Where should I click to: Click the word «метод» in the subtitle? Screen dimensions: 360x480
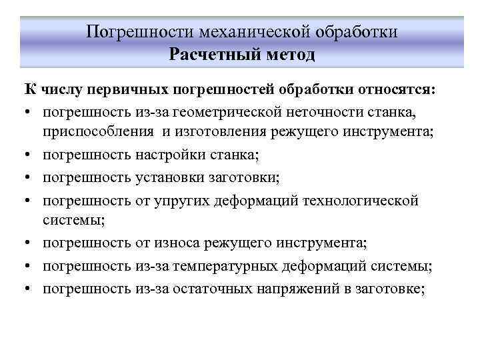click(286, 54)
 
